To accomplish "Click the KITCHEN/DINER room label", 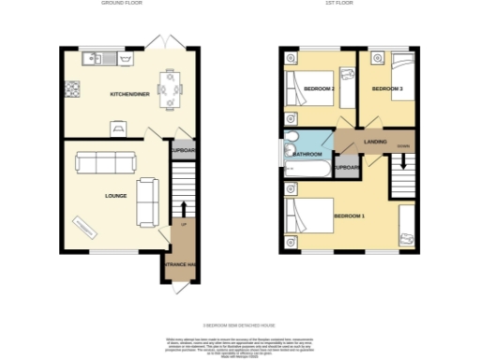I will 127,95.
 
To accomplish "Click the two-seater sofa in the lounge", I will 147,201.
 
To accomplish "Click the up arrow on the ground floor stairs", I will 184,208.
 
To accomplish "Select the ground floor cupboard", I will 182,149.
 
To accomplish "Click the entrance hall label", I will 181,265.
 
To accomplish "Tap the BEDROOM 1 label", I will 349,217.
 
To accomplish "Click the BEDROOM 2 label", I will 320,89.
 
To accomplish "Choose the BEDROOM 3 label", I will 387,89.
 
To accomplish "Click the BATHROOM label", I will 308,154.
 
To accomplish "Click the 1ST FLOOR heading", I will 347,4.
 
